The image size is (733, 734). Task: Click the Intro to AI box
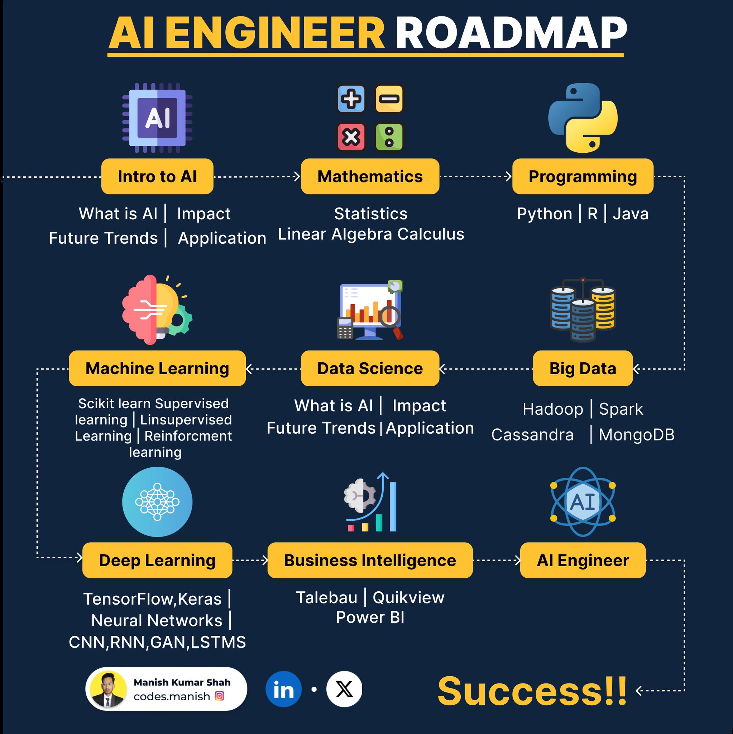157,176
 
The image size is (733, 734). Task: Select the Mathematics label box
370,176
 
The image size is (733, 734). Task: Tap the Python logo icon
583,118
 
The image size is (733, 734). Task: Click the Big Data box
583,368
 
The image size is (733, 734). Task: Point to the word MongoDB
637,435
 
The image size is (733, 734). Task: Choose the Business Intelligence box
370,560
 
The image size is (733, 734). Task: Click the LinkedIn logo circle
283,689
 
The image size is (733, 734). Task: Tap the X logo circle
344,689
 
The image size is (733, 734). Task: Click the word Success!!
532,691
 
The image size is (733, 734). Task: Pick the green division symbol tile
389,137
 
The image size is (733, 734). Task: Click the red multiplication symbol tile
351,137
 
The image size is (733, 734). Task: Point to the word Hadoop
552,409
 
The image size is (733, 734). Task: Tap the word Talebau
327,597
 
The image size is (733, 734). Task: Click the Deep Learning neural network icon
157,501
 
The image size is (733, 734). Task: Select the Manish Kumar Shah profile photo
109,689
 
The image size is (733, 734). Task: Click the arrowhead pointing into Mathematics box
297,176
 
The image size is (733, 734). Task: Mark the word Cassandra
532,435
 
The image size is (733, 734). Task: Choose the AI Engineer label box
583,560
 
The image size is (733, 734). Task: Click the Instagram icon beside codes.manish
220,696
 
